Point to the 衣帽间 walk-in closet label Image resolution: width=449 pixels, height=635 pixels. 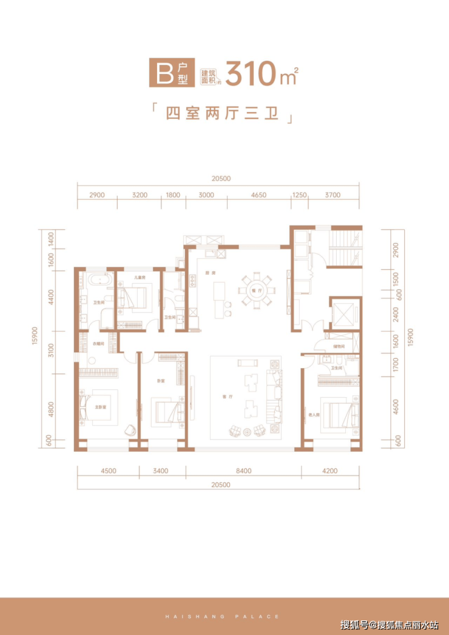coord(99,344)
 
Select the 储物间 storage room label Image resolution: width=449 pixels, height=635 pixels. coord(339,347)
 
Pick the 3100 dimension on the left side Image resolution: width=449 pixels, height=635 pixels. coord(52,351)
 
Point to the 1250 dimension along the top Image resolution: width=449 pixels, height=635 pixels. coord(299,195)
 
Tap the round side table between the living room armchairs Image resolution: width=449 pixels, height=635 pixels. coord(247,432)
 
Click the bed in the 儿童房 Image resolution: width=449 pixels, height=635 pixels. coord(135,298)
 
